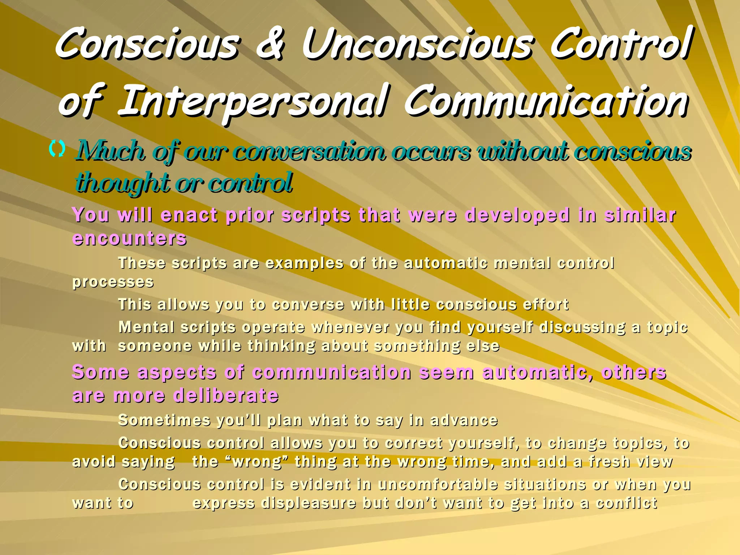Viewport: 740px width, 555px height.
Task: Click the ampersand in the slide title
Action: click(270, 46)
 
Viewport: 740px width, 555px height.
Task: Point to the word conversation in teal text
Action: click(309, 152)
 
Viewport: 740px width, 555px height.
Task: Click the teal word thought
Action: click(123, 183)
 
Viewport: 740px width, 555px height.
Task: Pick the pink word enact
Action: click(189, 215)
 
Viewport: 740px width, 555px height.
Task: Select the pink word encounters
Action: click(129, 238)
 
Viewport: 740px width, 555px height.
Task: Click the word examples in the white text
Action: click(304, 263)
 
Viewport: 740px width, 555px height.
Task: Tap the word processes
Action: click(113, 282)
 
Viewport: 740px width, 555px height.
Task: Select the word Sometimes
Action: click(164, 420)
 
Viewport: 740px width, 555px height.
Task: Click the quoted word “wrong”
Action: click(257, 462)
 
